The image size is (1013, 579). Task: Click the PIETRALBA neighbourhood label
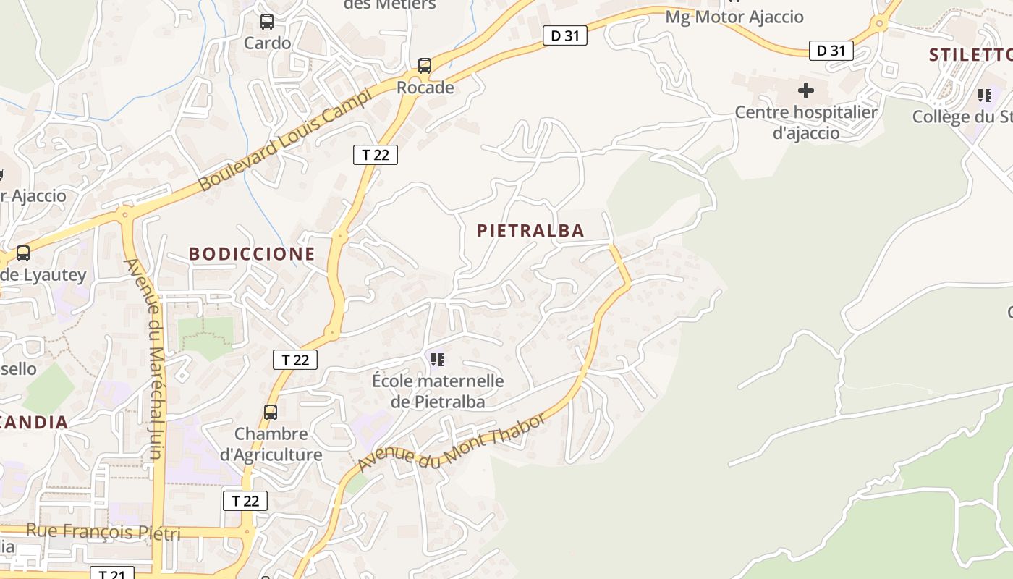pyautogui.click(x=530, y=231)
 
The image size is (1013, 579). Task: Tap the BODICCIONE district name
pyautogui.click(x=252, y=254)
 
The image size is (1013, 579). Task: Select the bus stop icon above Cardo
pyautogui.click(x=267, y=22)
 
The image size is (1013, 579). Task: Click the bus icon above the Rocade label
pyautogui.click(x=425, y=66)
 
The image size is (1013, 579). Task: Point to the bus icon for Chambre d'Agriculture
pyautogui.click(x=271, y=413)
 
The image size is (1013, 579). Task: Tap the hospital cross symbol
pyautogui.click(x=805, y=90)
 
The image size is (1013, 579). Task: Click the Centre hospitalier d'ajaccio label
pyautogui.click(x=806, y=122)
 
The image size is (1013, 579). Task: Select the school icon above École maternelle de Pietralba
pyautogui.click(x=437, y=359)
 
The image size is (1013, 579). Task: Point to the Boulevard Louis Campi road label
pyautogui.click(x=286, y=139)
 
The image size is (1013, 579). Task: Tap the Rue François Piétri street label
pyautogui.click(x=103, y=532)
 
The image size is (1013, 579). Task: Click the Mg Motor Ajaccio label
pyautogui.click(x=734, y=17)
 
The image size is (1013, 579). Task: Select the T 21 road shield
pyautogui.click(x=112, y=574)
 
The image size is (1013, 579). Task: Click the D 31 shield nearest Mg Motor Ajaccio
pyautogui.click(x=564, y=35)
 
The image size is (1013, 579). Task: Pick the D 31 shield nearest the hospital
pyautogui.click(x=831, y=51)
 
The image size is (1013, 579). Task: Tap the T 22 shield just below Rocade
pyautogui.click(x=376, y=154)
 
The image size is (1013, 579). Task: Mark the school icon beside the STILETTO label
pyautogui.click(x=984, y=95)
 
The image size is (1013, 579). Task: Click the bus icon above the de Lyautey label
pyautogui.click(x=23, y=253)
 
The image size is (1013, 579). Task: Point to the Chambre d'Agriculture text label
pyautogui.click(x=271, y=444)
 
